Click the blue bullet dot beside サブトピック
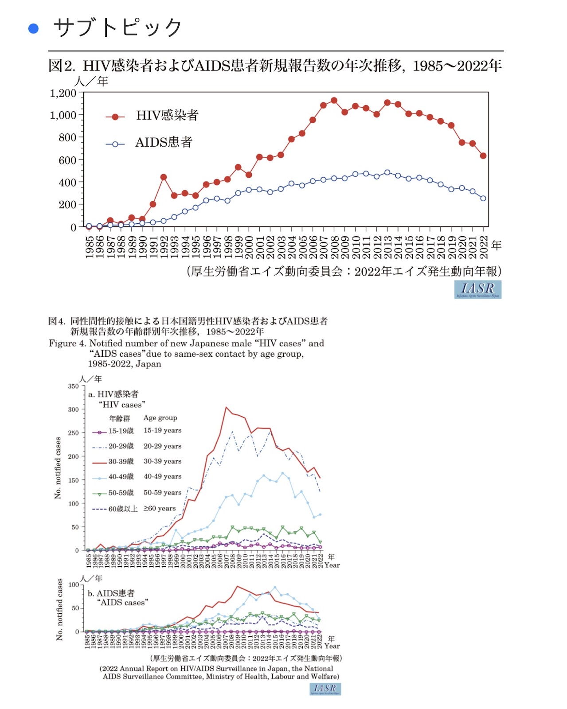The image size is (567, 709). pyautogui.click(x=33, y=29)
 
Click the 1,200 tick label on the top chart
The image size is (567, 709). pyautogui.click(x=63, y=93)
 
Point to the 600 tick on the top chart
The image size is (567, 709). pyautogui.click(x=67, y=160)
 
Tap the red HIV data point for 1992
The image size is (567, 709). pyautogui.click(x=164, y=177)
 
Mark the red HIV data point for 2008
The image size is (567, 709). pyautogui.click(x=334, y=101)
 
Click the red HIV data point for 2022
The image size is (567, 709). pyautogui.click(x=483, y=156)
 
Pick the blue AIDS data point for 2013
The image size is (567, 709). pyautogui.click(x=387, y=172)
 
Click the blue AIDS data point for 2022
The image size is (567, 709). pyautogui.click(x=483, y=199)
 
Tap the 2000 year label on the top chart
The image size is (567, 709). pyautogui.click(x=249, y=247)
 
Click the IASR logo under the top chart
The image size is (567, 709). pyautogui.click(x=478, y=289)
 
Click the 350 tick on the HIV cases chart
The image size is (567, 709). pyautogui.click(x=73, y=386)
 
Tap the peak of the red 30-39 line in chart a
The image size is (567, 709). pyautogui.click(x=226, y=407)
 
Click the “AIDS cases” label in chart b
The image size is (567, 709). pyautogui.click(x=122, y=603)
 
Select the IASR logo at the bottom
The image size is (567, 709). pyautogui.click(x=325, y=689)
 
